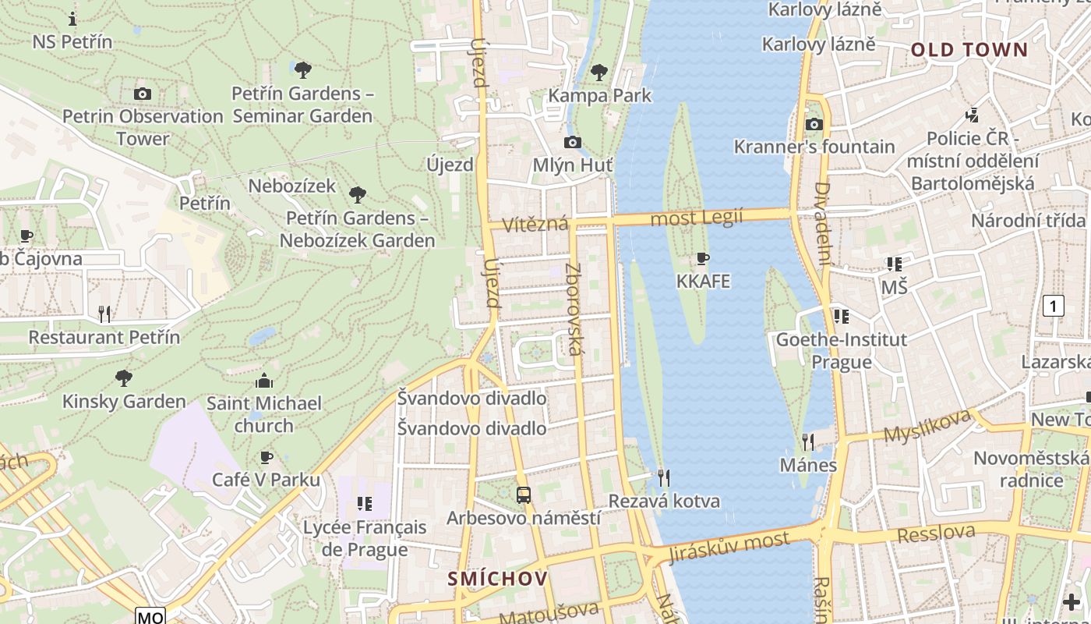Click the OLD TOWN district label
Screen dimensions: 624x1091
point(969,50)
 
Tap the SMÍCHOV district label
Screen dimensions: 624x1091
point(498,579)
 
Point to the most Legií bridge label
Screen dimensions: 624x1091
point(697,218)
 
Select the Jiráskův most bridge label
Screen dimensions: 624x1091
point(729,547)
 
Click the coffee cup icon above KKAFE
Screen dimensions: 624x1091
point(703,259)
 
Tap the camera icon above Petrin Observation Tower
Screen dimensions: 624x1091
point(142,94)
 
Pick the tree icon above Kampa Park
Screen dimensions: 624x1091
point(598,73)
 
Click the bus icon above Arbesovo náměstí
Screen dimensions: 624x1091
point(524,495)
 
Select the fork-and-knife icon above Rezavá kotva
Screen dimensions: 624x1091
point(664,477)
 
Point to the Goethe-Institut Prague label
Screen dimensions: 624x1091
point(841,351)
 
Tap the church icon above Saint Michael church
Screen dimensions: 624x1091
point(264,381)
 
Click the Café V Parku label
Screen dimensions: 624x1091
point(266,480)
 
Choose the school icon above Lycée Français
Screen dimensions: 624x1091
point(364,504)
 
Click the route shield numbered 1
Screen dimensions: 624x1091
point(1053,306)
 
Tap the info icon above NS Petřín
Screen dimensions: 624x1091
point(72,19)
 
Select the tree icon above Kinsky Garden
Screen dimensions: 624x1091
point(123,378)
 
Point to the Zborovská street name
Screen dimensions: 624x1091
point(574,309)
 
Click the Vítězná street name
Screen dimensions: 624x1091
point(535,225)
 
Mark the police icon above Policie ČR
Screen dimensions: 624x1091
point(972,115)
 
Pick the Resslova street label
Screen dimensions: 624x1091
point(936,534)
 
